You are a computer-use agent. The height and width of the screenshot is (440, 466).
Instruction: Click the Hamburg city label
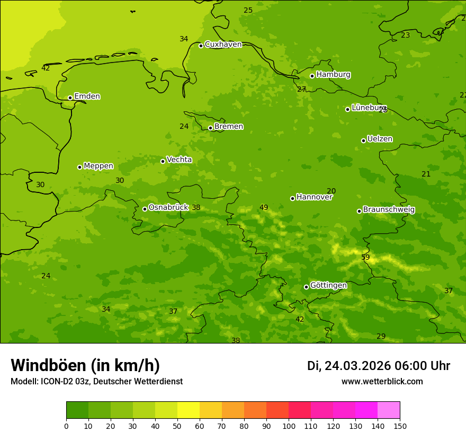(x=333, y=75)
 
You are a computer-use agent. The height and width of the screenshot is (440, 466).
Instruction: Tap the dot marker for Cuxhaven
(x=201, y=46)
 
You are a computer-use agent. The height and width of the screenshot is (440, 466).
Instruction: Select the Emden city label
(x=87, y=96)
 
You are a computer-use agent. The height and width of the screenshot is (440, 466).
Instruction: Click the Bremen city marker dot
(x=210, y=128)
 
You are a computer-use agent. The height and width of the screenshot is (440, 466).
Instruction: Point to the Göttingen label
(x=328, y=286)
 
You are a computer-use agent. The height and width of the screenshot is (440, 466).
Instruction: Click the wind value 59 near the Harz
(x=365, y=258)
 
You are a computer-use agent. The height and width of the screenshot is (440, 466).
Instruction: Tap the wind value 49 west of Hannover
(x=264, y=208)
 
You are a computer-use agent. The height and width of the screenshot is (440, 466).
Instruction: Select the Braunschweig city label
(x=389, y=210)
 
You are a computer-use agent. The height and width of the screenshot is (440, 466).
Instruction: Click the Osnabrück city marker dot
(x=145, y=209)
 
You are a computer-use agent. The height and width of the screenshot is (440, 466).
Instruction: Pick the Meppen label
(x=98, y=166)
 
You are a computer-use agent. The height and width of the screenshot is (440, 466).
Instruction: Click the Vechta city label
(x=179, y=160)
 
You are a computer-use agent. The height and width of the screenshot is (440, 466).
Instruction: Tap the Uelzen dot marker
(x=363, y=140)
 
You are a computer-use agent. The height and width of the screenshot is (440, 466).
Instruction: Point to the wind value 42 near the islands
(x=46, y=68)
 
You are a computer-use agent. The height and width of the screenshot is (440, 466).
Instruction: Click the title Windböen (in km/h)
(x=85, y=365)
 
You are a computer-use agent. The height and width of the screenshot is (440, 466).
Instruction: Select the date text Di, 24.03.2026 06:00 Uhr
(x=378, y=366)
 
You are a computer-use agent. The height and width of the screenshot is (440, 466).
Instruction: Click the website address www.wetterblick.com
(x=382, y=382)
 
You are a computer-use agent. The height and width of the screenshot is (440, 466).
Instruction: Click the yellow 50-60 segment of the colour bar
(x=189, y=410)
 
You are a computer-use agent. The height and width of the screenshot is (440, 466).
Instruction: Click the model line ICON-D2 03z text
(x=96, y=382)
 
